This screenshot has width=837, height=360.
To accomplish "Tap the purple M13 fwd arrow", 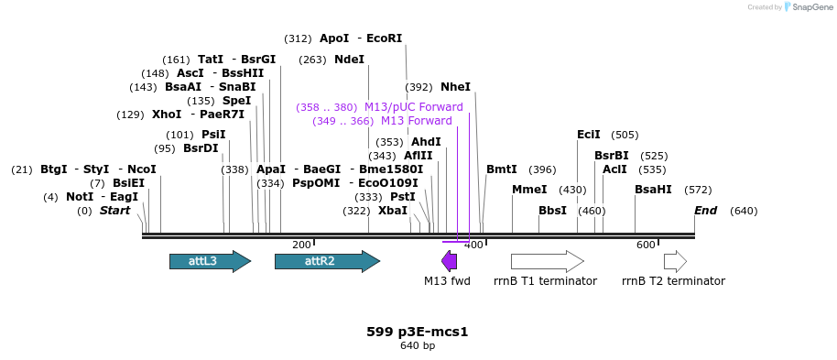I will [449, 261].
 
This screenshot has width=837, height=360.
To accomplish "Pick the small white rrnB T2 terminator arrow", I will [675, 261].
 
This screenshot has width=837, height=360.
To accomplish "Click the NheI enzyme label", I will [455, 87].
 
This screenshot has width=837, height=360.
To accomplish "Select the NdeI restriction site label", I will [349, 60].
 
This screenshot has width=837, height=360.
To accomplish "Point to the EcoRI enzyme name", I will [384, 38].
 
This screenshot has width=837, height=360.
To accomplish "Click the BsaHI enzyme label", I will [653, 190].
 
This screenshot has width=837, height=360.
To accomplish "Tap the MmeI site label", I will [529, 190].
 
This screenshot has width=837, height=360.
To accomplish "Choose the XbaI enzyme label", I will [393, 211].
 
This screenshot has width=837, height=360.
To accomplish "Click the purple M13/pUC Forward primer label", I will [413, 107].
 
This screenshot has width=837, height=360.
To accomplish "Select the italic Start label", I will [114, 211].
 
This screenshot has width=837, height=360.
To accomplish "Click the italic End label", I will [705, 211].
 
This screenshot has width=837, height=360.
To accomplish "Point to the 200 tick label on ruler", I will [301, 245].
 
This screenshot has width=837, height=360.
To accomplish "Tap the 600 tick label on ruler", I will [646, 245].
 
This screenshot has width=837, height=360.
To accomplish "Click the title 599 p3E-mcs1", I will [418, 332].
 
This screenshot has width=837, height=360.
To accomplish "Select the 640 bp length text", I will [418, 345].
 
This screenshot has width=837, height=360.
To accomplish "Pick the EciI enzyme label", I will [589, 135].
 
